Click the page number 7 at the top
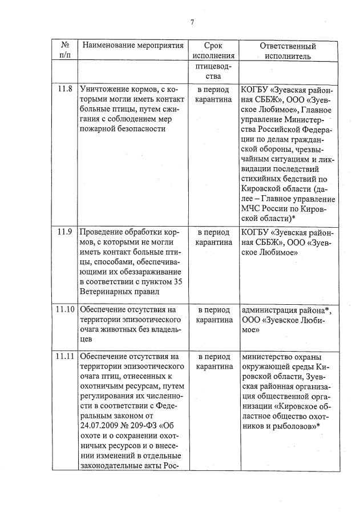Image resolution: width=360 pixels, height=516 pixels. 192,22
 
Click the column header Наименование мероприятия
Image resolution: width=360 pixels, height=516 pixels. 132,46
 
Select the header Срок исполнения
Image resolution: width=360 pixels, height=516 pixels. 213,51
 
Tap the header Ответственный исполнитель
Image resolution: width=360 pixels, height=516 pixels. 288,51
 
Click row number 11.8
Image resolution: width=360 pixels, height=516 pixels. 65,90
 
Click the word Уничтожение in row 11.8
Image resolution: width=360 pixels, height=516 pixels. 107,90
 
